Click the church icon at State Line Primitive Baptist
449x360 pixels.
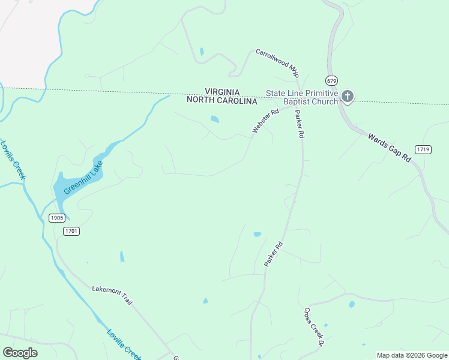(x=348, y=97)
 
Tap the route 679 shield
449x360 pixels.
(x=332, y=80)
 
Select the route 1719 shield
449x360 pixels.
(x=423, y=149)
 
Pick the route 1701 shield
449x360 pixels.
(x=71, y=231)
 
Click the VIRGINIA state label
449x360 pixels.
(x=222, y=92)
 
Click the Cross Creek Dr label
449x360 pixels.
(x=314, y=327)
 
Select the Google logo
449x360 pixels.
(x=20, y=353)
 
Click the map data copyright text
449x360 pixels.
(x=412, y=355)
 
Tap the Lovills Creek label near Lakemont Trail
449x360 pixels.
(x=124, y=344)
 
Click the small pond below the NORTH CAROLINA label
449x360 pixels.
(x=214, y=119)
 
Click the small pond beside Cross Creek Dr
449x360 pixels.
(x=352, y=304)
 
